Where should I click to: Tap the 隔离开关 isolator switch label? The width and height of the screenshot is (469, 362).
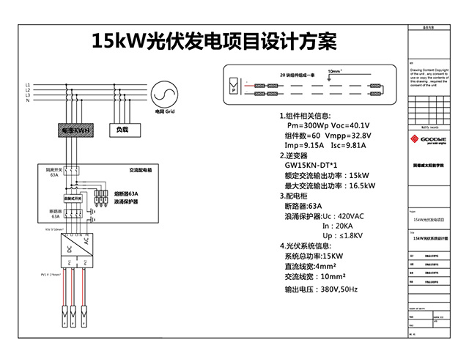click(x=54, y=171)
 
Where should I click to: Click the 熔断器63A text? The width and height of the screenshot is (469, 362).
click(x=125, y=193)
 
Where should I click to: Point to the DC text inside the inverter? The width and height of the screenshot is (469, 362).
click(x=70, y=247)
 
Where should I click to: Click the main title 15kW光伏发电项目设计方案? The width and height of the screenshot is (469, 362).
click(x=214, y=40)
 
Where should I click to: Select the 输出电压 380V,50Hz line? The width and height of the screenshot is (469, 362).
click(x=320, y=289)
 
